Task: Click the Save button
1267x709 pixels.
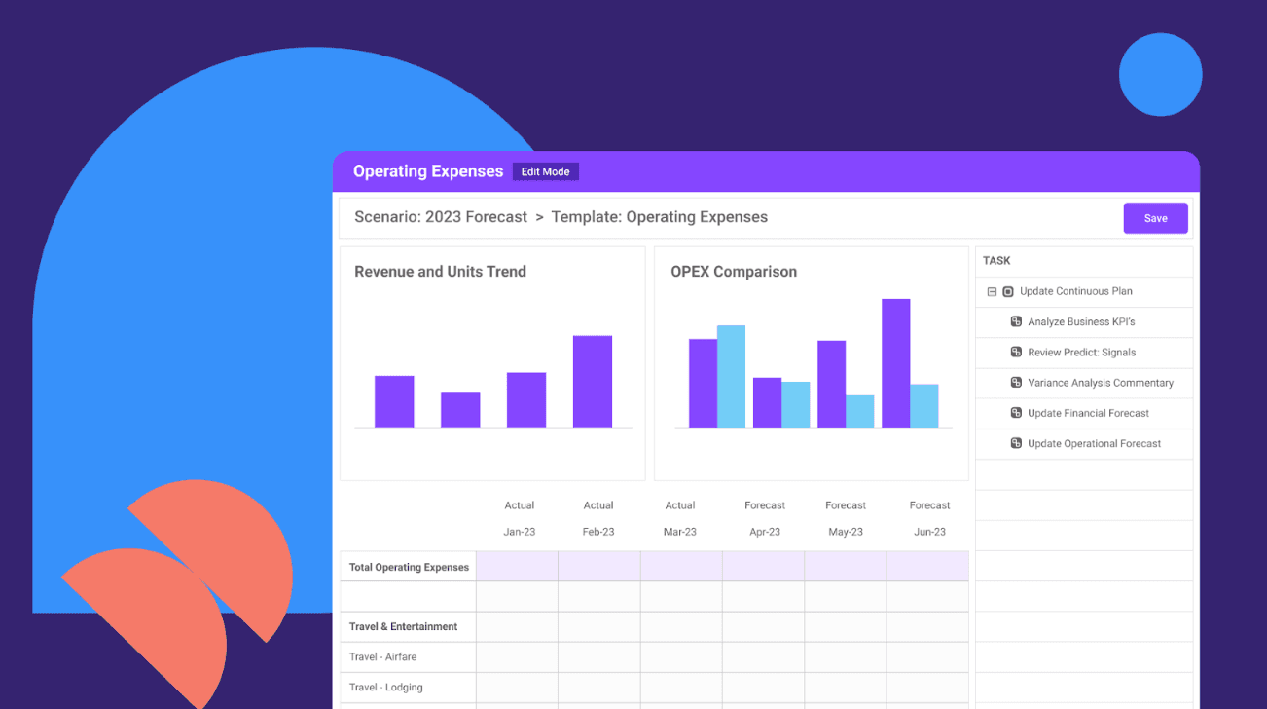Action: [1155, 218]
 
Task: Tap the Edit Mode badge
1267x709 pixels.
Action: [545, 171]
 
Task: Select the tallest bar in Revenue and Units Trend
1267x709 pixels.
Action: [593, 381]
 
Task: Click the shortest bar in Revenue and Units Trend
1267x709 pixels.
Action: [460, 409]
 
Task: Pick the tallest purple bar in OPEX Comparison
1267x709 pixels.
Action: [896, 363]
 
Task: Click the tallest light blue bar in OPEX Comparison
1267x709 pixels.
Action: [732, 376]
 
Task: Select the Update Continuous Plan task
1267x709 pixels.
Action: [1076, 291]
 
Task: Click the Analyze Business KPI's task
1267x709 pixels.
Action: [1081, 321]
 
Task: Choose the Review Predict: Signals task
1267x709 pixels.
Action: [1081, 353]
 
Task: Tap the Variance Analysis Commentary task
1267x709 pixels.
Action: [1101, 383]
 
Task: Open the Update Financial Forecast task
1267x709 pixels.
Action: [1088, 413]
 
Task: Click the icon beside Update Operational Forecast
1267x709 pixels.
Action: [1016, 443]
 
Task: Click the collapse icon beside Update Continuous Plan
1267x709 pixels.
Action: [992, 291]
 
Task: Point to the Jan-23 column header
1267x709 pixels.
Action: [520, 532]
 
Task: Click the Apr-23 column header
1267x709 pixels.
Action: [765, 532]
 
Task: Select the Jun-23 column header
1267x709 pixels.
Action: [929, 532]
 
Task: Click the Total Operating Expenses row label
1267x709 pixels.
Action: [409, 567]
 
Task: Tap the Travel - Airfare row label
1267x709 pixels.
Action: [382, 657]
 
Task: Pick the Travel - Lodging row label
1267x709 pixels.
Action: [385, 687]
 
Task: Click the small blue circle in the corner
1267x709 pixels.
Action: [1161, 75]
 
